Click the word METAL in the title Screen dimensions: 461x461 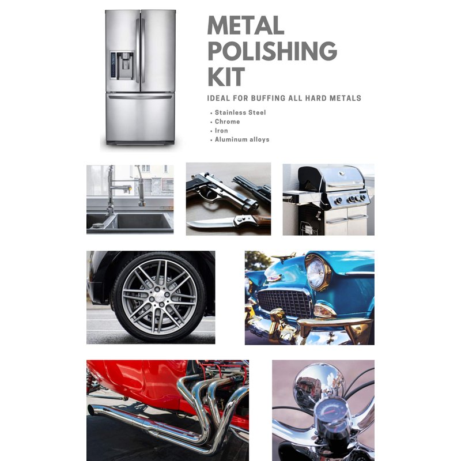tap(245, 25)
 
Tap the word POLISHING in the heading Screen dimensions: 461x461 tap(272, 51)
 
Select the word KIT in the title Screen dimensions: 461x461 tap(226, 77)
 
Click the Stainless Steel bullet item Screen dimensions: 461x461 tap(240, 112)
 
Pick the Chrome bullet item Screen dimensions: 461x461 tap(227, 122)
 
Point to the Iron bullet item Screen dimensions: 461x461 tap(221, 131)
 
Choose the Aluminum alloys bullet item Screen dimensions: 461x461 tap(242, 139)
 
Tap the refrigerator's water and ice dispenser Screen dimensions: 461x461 tap(122, 66)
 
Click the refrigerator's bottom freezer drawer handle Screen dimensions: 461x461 tap(140, 97)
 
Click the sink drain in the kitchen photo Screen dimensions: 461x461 tap(98, 225)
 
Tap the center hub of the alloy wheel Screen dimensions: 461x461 tap(160, 296)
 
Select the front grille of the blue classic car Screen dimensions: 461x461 tap(284, 304)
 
